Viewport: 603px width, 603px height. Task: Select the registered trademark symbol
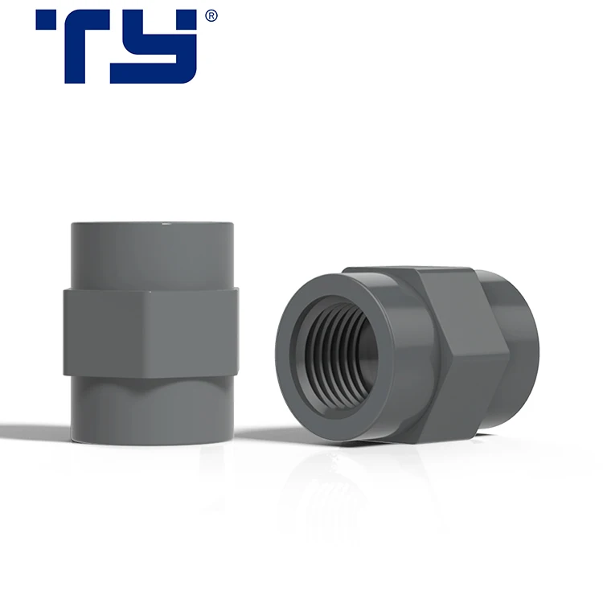(211, 15)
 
